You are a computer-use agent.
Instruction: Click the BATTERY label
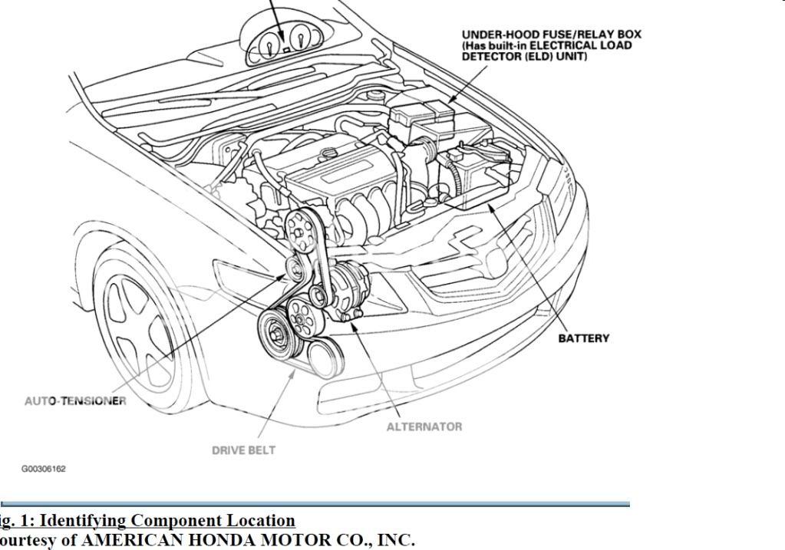point(583,338)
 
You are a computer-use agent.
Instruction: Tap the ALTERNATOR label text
point(424,426)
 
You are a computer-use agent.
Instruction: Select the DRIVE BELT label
point(243,450)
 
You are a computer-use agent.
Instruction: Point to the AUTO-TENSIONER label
point(75,401)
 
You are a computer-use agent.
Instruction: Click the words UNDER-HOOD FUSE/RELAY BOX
point(551,35)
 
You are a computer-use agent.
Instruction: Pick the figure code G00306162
point(44,469)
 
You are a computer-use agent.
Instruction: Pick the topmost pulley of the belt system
point(301,225)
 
